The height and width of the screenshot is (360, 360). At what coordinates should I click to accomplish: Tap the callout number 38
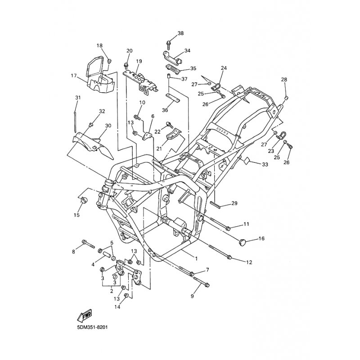[180, 34]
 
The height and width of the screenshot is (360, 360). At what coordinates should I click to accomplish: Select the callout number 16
[261, 239]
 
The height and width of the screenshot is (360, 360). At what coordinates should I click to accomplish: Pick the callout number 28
[284, 80]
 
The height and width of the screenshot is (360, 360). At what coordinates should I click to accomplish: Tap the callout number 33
[265, 165]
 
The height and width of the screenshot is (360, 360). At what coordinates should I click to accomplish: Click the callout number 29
[234, 203]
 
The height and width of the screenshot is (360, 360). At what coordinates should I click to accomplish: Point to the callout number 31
[77, 98]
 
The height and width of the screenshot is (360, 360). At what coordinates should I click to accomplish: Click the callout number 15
[76, 215]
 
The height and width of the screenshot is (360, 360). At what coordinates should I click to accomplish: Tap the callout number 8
[73, 252]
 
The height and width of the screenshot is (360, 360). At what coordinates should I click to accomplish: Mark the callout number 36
[165, 110]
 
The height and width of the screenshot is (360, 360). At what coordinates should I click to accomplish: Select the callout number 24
[224, 68]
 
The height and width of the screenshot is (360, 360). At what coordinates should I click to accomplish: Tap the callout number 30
[108, 126]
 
